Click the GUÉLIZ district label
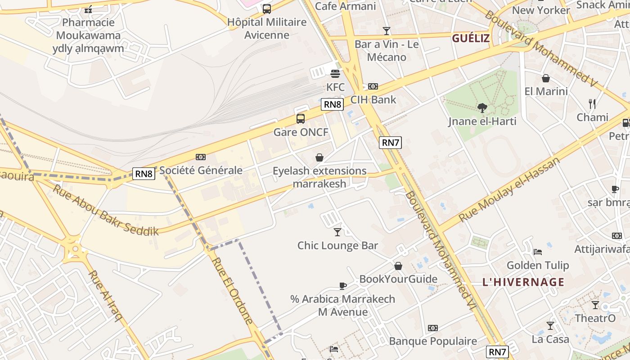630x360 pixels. [x=471, y=38]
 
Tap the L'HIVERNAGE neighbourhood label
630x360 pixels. [x=523, y=282]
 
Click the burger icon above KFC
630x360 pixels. [x=335, y=73]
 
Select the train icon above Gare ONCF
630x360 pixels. [x=301, y=119]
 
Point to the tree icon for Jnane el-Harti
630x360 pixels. [x=482, y=108]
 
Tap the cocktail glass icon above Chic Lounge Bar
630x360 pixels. [x=337, y=232]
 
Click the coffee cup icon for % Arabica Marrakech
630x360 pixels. [x=343, y=286]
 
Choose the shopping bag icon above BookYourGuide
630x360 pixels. [x=398, y=266]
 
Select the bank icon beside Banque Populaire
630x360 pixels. [x=433, y=328]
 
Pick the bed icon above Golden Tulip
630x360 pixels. [x=537, y=252]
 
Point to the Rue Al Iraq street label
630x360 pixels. [x=105, y=296]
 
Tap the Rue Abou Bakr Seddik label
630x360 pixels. [x=106, y=210]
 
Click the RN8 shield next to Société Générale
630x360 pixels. [x=144, y=174]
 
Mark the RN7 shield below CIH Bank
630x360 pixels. [x=390, y=143]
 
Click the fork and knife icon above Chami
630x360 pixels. [x=592, y=104]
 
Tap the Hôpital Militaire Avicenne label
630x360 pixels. [x=267, y=28]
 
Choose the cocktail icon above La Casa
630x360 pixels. [x=550, y=325]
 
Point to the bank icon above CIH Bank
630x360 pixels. [x=373, y=86]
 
